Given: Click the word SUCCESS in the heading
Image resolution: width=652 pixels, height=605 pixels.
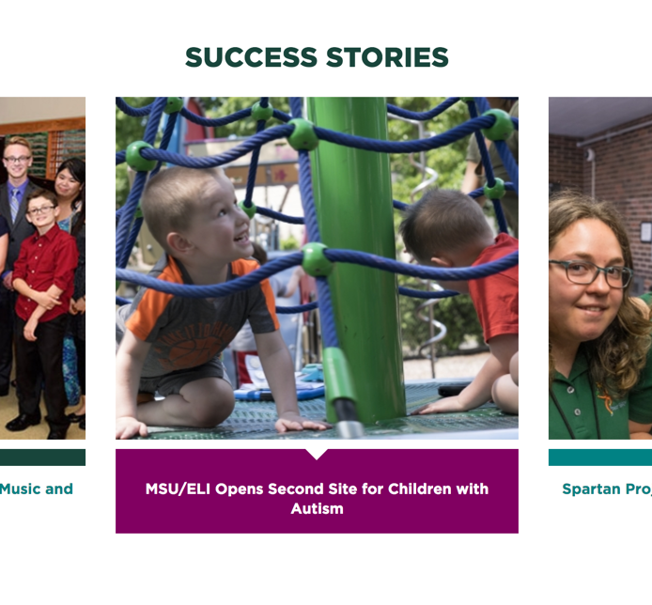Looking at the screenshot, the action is pos(251,57).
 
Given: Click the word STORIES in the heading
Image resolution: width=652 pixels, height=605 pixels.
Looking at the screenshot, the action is pos(387,57).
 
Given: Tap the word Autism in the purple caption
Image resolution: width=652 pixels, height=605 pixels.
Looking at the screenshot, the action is pos(317,508).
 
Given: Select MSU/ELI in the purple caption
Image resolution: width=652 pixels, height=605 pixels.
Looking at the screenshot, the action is pos(178,489).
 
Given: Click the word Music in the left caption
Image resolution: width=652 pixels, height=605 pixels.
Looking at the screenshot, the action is pos(20,489).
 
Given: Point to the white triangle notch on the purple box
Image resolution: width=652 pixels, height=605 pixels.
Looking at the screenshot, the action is pos(317,454).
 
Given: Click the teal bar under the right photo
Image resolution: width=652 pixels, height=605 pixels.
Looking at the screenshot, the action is pos(600,458).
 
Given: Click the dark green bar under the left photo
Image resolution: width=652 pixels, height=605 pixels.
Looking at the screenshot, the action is pos(42,458).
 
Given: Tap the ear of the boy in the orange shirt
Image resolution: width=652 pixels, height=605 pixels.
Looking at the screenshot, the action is pos(179,243).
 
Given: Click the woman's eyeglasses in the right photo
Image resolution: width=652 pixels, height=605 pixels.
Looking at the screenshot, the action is pos(590,272).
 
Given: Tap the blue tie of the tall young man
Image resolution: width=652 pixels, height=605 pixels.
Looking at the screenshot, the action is pos(14,204).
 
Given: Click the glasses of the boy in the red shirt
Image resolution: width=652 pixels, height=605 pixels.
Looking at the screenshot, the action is pos(40,210).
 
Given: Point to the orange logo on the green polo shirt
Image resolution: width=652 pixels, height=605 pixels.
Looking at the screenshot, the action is pos(605,400).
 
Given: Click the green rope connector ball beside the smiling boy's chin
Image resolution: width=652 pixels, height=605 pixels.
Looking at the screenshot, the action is pos(248,209).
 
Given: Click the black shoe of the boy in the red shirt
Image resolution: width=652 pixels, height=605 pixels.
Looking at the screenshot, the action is pos(22,422).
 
